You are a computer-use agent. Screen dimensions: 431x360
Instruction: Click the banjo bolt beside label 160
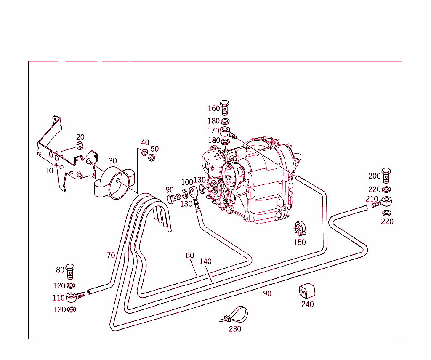click(x=225, y=107)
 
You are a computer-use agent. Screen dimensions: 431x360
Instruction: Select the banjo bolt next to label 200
click(x=386, y=175)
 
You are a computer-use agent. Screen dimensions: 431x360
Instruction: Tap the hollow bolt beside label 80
click(x=70, y=271)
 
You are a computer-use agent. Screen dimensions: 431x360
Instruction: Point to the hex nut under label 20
click(x=80, y=146)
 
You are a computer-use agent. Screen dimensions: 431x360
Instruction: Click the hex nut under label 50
click(x=152, y=158)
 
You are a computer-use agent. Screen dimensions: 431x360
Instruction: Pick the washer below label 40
click(x=145, y=152)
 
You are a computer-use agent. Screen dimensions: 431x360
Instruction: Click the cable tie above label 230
click(x=234, y=315)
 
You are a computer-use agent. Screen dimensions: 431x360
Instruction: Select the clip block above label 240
click(x=307, y=291)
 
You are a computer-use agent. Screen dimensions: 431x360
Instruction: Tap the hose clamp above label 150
click(x=300, y=228)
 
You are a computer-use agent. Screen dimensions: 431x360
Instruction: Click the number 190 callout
click(x=265, y=294)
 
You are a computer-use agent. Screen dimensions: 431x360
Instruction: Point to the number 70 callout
click(x=111, y=256)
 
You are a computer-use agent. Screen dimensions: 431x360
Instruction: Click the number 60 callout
click(x=190, y=256)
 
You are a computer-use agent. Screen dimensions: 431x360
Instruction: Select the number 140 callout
click(x=205, y=261)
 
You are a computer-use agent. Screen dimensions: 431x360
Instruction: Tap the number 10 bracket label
click(x=49, y=171)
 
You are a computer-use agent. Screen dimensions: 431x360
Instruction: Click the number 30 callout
click(x=113, y=160)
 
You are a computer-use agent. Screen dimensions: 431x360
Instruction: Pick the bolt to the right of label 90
click(x=174, y=198)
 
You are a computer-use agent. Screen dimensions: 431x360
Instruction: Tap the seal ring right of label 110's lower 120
click(x=72, y=309)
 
